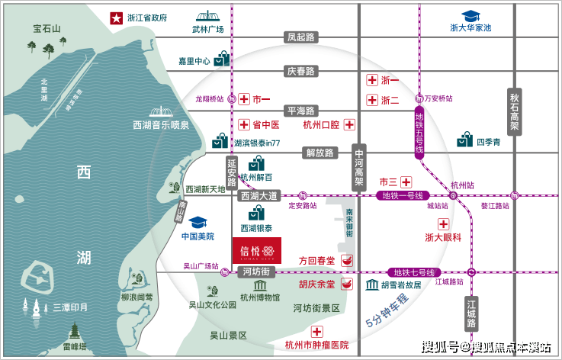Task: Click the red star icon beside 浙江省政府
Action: coord(117,17)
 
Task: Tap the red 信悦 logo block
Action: coord(257,250)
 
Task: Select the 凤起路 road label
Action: coord(300,37)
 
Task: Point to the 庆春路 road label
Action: coord(300,71)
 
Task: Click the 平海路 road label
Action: coord(300,111)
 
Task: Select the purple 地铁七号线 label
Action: coord(413,272)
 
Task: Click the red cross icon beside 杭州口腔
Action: coord(349,124)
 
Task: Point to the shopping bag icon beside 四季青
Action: coord(465,140)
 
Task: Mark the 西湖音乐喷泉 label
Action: coord(161,124)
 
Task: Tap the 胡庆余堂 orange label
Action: coord(316,284)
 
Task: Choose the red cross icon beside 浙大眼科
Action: coord(443,222)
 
